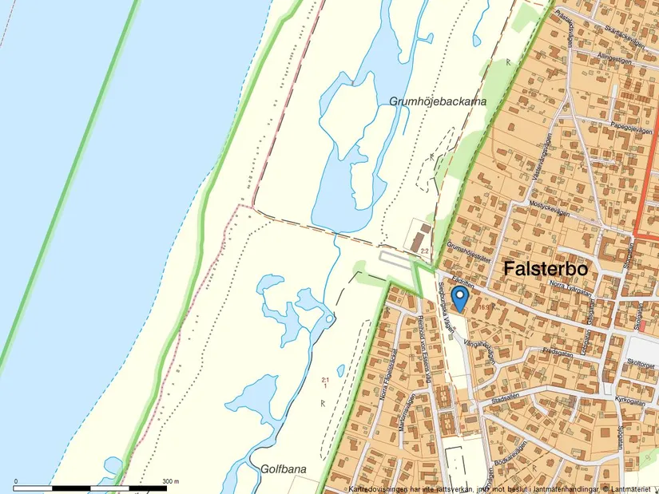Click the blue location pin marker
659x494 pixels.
459,298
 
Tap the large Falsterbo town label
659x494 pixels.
546,270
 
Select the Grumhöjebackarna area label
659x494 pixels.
438,101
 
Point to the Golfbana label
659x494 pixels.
284,469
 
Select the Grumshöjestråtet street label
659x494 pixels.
468,253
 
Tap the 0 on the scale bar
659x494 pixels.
16,482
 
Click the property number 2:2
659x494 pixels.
425,251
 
